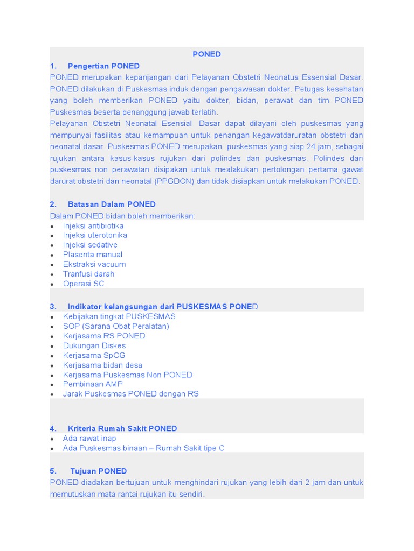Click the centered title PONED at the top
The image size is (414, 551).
(207, 54)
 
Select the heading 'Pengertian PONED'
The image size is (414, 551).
(103, 66)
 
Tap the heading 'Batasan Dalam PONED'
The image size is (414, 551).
(112, 204)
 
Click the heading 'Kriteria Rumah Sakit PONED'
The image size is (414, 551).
(122, 429)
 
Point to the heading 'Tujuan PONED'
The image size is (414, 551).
(99, 471)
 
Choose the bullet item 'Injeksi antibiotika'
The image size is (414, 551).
(93, 226)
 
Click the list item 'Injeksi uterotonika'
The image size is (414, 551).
(95, 236)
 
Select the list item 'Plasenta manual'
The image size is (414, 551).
(93, 255)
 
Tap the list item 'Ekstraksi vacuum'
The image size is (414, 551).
(94, 264)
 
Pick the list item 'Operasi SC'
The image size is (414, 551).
(84, 284)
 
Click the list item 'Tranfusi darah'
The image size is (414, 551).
(88, 274)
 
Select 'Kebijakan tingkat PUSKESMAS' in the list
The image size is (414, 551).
(119, 316)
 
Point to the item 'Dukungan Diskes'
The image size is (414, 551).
(94, 346)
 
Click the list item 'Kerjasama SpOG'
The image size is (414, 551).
(94, 356)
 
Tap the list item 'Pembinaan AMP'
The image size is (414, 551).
(93, 384)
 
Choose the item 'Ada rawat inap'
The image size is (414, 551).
(89, 439)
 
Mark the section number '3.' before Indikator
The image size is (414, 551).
(53, 307)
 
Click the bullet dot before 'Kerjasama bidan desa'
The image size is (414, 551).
(52, 366)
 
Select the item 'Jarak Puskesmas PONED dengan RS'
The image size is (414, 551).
(130, 394)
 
